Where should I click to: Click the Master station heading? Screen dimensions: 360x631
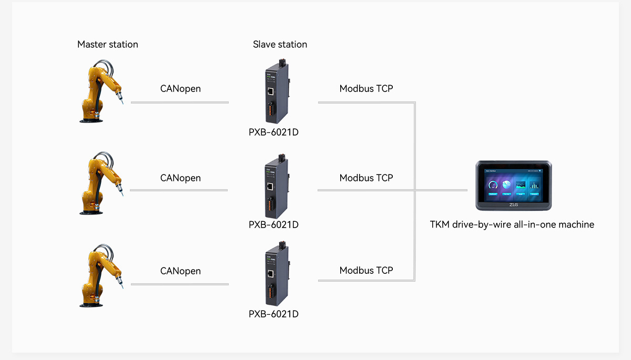click(x=107, y=45)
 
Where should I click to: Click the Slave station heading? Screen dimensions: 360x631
click(x=280, y=45)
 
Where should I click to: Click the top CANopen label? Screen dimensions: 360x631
click(x=180, y=88)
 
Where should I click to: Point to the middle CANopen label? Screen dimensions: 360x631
click(x=180, y=178)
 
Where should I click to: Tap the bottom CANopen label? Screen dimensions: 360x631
click(x=180, y=271)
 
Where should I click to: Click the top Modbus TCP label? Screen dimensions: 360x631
click(x=366, y=88)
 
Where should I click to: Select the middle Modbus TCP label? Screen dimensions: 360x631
click(x=366, y=178)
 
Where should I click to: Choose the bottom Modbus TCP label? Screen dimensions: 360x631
click(x=366, y=271)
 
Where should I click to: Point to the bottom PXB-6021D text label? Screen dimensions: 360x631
click(x=273, y=314)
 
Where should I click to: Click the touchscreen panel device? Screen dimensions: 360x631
click(x=513, y=186)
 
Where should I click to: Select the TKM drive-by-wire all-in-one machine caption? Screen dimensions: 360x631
click(x=512, y=225)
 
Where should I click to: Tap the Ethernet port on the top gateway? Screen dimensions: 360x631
click(x=270, y=91)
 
